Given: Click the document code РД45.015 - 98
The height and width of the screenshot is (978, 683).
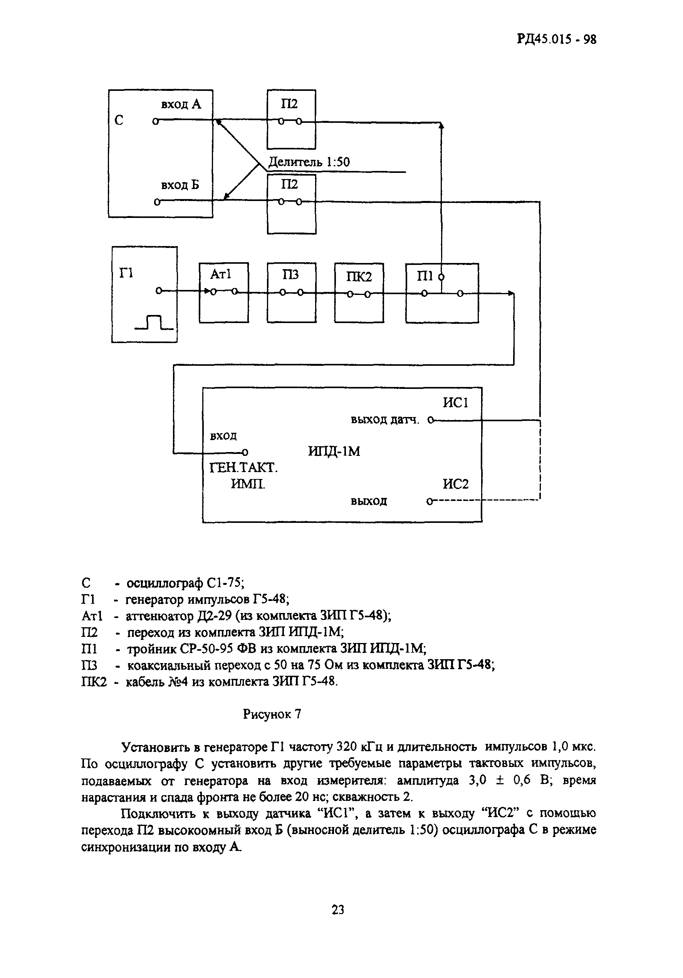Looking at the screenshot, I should (557, 40).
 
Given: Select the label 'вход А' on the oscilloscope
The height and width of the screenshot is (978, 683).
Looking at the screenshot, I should (181, 104).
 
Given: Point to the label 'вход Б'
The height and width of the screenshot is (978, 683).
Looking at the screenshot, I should (180, 185).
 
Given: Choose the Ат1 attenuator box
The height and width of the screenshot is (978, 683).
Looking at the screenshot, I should (224, 293).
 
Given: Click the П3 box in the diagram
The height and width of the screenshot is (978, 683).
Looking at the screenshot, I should (292, 293).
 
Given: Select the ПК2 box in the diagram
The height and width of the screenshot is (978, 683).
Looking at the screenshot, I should (359, 293).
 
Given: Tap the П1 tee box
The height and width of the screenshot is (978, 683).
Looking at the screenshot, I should (442, 293).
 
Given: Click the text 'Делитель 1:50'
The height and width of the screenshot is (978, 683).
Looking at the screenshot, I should (309, 162).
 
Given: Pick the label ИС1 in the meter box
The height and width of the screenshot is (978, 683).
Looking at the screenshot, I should (455, 402).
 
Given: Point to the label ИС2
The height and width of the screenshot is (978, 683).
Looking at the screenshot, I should (455, 484).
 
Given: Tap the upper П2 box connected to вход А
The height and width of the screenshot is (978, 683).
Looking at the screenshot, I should (292, 119).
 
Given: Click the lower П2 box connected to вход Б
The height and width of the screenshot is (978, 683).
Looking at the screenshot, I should (292, 204).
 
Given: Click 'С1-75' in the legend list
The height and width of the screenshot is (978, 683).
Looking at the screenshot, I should (225, 582).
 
